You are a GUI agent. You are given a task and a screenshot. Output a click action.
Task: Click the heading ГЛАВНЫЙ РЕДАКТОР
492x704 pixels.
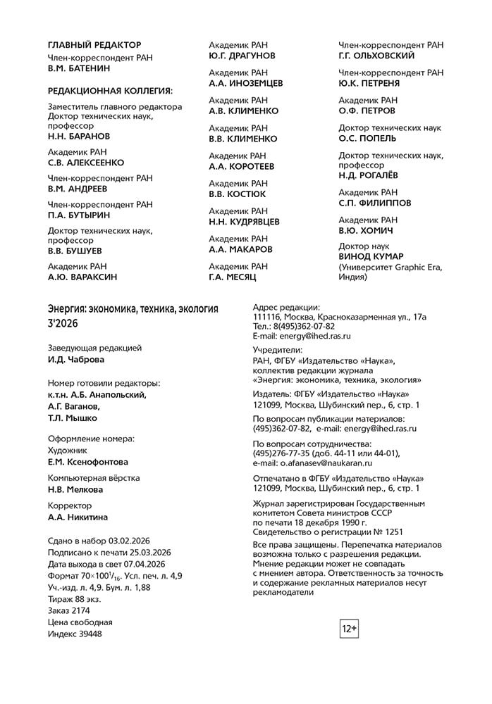[x=94, y=45]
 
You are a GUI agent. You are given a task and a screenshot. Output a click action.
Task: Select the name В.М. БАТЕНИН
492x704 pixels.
[x=79, y=69]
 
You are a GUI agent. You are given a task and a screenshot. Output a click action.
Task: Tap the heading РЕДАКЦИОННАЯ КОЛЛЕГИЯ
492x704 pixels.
[x=110, y=91]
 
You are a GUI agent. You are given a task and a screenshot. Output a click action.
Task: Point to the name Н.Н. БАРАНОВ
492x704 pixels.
[x=79, y=136]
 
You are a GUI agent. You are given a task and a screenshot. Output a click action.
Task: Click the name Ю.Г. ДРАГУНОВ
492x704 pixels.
[x=242, y=56]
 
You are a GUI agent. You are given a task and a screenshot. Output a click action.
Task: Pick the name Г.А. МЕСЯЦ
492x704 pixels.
[x=233, y=277]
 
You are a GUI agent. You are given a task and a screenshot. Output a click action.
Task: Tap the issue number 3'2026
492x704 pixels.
[x=63, y=324]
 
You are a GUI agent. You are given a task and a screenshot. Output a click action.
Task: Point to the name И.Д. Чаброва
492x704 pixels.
[x=75, y=360]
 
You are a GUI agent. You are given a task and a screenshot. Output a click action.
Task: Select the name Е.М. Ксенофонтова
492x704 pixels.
[x=88, y=463]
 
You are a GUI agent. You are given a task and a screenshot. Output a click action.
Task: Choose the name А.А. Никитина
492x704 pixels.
[x=78, y=517]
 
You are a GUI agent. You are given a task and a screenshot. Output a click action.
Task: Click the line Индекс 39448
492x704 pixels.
[x=75, y=634]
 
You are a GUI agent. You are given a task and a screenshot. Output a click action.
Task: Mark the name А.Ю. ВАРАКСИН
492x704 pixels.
[x=82, y=277]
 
